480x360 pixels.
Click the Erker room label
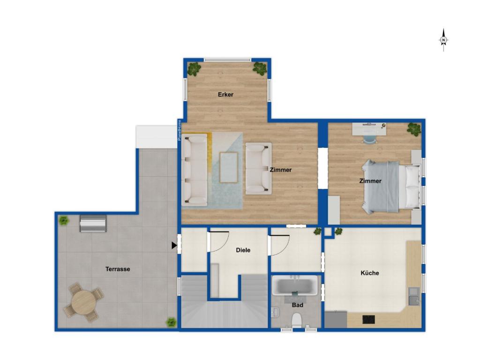pos(225,95)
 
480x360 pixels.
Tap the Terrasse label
pos(118,269)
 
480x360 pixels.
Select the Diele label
pos(243,250)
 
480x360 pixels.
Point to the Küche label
pos(370,273)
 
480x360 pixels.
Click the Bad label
pos(298,305)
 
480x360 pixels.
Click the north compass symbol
pos(443,40)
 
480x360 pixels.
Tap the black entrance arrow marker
pos(174,245)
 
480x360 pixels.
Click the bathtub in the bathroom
pos(295,285)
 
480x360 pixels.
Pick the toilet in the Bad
pos(297,320)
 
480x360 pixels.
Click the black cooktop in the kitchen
pos(368,319)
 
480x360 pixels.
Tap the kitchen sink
pos(414,296)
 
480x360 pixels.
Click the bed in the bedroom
pos(391,187)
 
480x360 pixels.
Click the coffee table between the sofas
pos(229,167)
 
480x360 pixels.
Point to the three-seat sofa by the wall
pos(195,171)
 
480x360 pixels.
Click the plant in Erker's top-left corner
pos(194,69)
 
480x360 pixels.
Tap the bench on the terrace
pos(93,223)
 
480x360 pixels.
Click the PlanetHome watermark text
pos(180,130)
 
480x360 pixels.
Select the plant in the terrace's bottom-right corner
pos(171,322)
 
